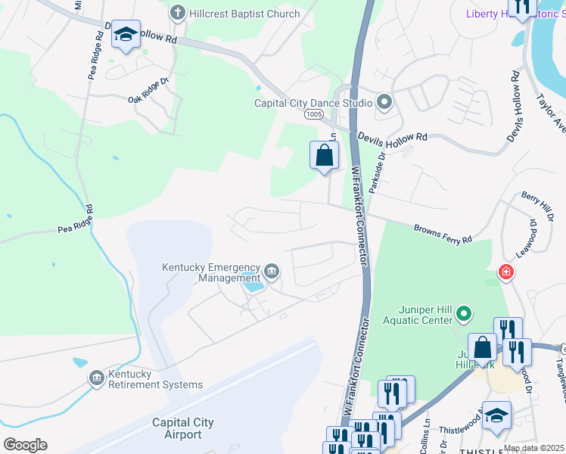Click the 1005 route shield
pyautogui.click(x=315, y=114)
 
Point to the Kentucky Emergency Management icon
pyautogui.click(x=272, y=270)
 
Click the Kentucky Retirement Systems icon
pyautogui.click(x=96, y=378)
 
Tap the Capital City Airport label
pyautogui.click(x=182, y=428)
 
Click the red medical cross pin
pyautogui.click(x=505, y=272)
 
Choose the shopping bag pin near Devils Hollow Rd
pyautogui.click(x=324, y=156)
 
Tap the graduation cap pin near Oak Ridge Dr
pyautogui.click(x=126, y=35)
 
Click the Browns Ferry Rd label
pyautogui.click(x=443, y=233)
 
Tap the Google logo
pyautogui.click(x=25, y=444)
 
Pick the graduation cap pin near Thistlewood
pyautogui.click(x=496, y=415)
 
